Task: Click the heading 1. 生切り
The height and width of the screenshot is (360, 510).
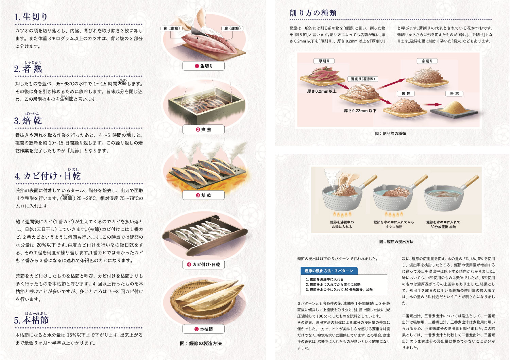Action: click(31, 17)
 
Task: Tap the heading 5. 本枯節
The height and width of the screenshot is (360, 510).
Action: click(31, 320)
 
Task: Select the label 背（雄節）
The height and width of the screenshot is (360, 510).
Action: click(172, 29)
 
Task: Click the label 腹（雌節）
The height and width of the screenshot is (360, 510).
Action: click(232, 29)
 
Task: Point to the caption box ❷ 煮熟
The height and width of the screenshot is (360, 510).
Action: click(203, 129)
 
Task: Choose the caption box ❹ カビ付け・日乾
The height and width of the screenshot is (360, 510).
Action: click(203, 264)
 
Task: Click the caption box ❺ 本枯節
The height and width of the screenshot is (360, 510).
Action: click(203, 329)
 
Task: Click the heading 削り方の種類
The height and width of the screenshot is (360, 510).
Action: click(313, 13)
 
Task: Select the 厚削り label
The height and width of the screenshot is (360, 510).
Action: click(324, 61)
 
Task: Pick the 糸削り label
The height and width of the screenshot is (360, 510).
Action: click(427, 61)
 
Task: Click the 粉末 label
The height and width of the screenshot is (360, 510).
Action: click(454, 93)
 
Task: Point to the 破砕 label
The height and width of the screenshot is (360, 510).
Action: click(406, 93)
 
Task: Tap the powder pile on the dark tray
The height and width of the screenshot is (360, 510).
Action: click(454, 107)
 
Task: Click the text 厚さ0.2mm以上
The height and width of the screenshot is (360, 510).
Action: click(322, 91)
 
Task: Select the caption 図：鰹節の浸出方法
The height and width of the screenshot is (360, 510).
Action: click(396, 242)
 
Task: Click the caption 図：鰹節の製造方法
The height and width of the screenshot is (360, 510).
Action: click(201, 343)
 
